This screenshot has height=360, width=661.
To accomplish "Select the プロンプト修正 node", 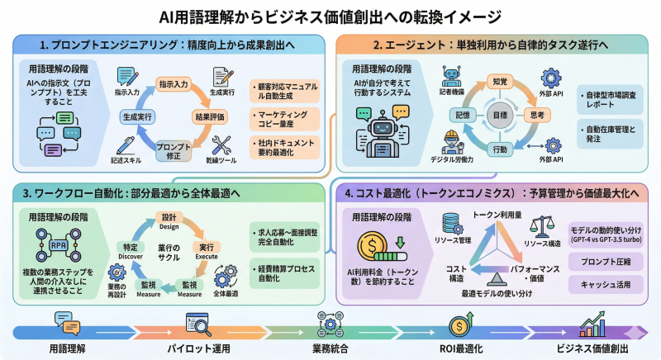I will pyautogui.click(x=173, y=151).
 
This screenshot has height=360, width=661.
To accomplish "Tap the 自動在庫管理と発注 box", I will pyautogui.click(x=610, y=133).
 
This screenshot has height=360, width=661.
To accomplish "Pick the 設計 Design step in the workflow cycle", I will pyautogui.click(x=169, y=220).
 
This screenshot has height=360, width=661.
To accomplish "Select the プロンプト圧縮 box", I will pyautogui.click(x=610, y=262).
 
